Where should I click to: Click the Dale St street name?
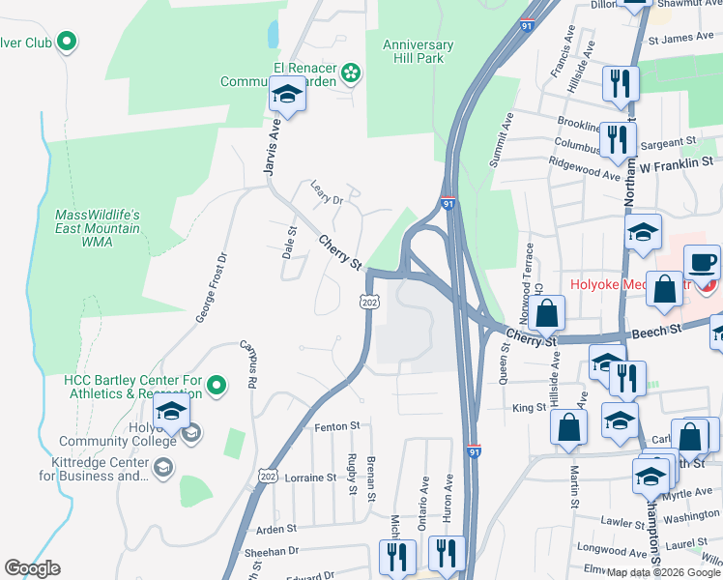289,243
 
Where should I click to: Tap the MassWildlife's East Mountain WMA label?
98,228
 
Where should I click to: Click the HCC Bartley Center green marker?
217,387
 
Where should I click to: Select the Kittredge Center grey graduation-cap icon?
162,468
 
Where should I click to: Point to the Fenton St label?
336,425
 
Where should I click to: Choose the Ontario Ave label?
423,501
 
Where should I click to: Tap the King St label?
529,409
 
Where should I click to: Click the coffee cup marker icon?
703,261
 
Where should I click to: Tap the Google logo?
32,568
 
